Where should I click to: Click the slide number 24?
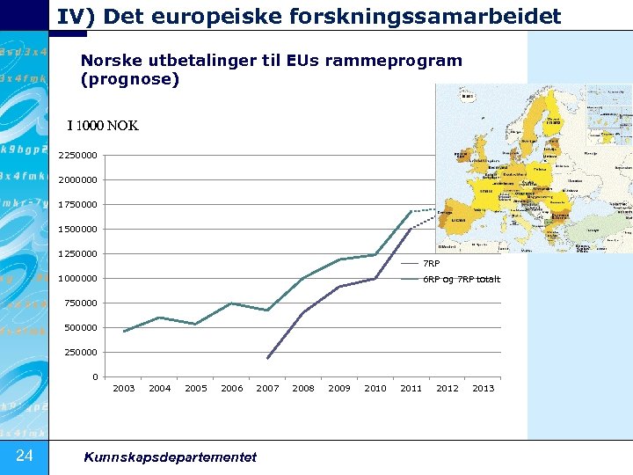coord(24,455)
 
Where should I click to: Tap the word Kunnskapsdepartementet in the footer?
coord(170,457)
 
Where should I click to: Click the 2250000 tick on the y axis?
coord(78,156)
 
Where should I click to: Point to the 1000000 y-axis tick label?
coord(78,279)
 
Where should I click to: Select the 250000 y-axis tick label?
coord(81,353)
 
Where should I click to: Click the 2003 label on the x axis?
coord(124,388)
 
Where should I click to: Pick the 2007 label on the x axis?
coord(267,388)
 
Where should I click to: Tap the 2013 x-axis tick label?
coord(484,388)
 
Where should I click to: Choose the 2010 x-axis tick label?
coord(375,388)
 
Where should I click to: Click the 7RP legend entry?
coord(431,263)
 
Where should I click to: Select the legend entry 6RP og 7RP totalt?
coord(461,280)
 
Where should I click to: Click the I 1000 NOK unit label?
coord(103,126)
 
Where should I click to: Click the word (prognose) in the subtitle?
coord(129,80)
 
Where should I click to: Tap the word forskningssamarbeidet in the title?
coord(451,16)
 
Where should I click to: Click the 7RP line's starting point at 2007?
coord(267,358)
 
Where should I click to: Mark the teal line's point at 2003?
coord(124,332)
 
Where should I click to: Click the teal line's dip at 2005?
coord(195,324)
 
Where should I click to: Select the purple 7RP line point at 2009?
coord(339,287)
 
